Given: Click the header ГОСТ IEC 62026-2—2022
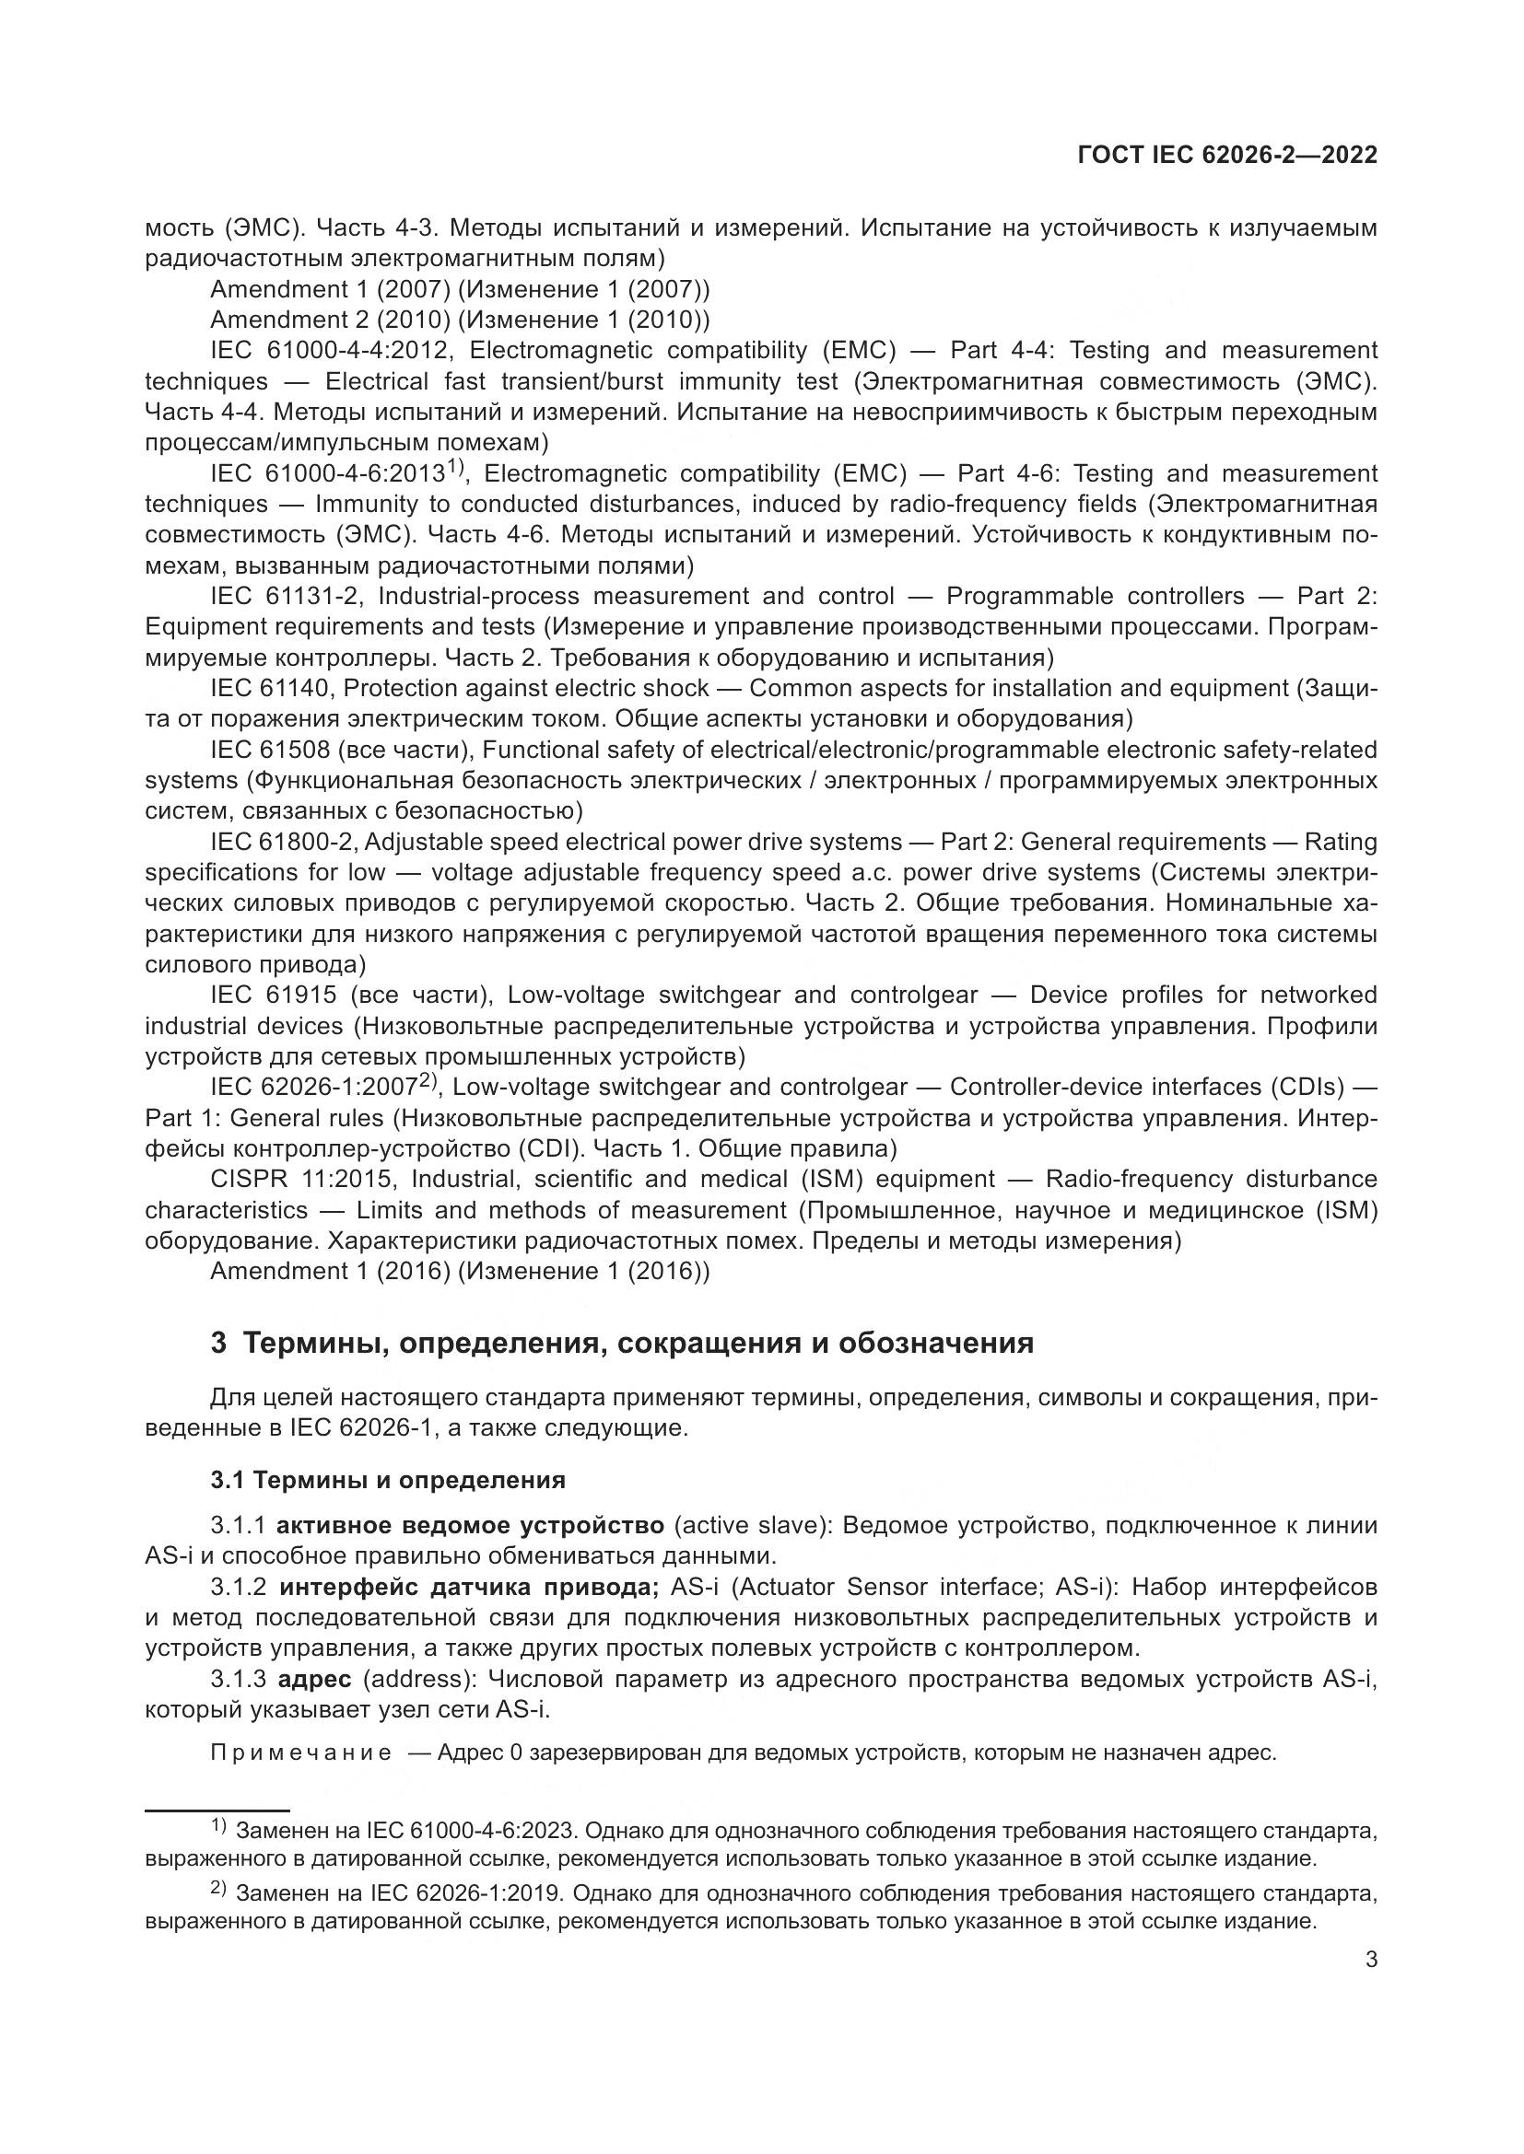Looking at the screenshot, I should coord(1227,156).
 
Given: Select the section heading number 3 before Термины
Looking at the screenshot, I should coord(217,1343).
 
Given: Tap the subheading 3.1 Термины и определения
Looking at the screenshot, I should coord(388,1480).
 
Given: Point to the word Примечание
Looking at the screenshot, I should coord(301,1752).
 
